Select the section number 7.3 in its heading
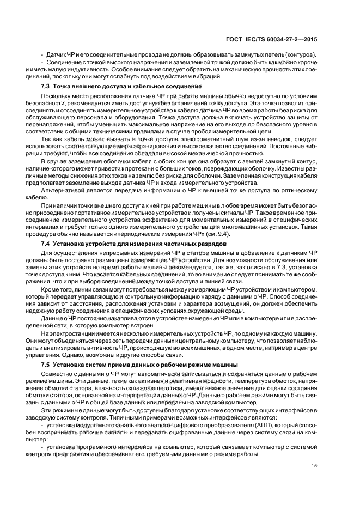click(47, 87)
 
